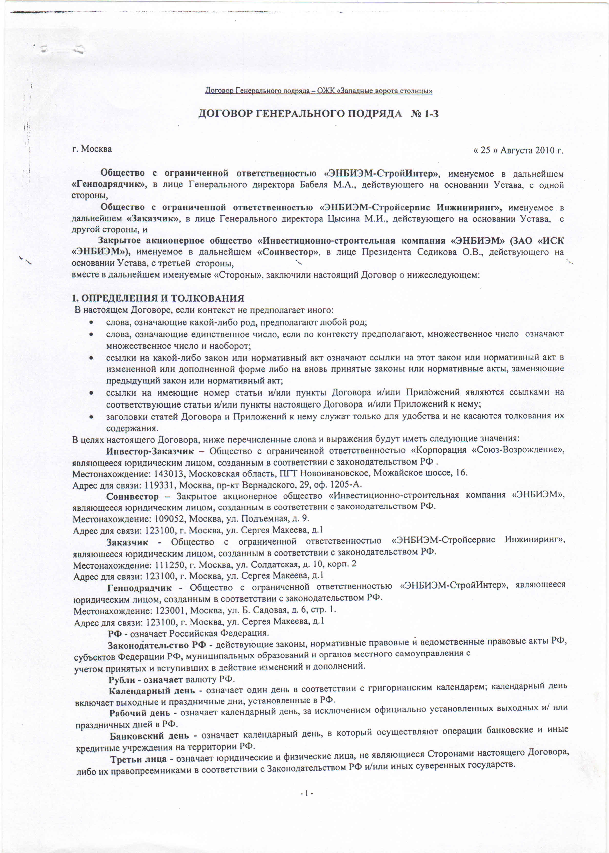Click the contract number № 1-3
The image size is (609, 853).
click(x=425, y=114)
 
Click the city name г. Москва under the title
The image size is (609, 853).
click(x=92, y=149)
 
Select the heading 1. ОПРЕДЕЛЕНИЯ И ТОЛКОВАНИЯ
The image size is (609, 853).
click(x=158, y=298)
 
